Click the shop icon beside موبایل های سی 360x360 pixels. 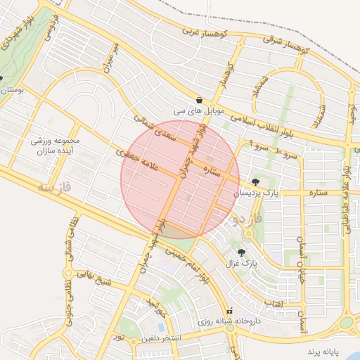click(x=200, y=100)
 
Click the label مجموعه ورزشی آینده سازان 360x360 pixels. click(x=56, y=146)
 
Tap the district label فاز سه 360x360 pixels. click(x=56, y=188)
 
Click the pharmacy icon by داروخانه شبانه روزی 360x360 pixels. click(x=229, y=311)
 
